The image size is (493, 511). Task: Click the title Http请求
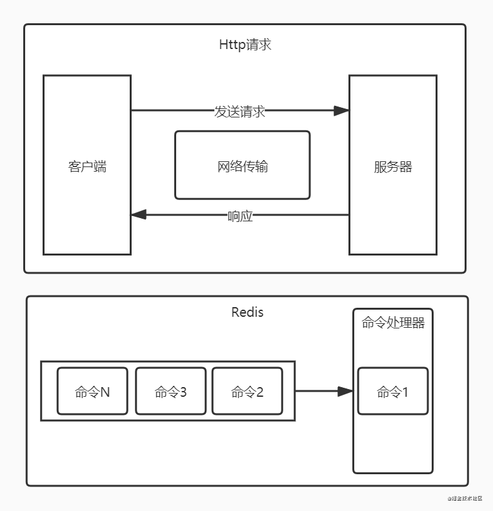(x=245, y=45)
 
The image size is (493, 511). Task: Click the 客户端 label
(x=87, y=166)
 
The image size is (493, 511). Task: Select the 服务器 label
(x=393, y=166)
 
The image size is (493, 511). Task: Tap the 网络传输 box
(x=243, y=166)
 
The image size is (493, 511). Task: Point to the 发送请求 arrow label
(x=239, y=111)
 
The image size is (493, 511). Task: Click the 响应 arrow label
(x=240, y=216)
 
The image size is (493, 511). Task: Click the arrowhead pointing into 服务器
(x=341, y=111)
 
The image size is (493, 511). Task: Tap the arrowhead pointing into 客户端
(x=138, y=215)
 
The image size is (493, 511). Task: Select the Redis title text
(x=247, y=312)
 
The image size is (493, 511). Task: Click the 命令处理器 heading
(x=393, y=323)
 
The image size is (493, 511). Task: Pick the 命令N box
(x=92, y=391)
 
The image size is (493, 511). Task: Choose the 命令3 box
(x=170, y=391)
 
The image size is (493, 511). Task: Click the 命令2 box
(x=247, y=391)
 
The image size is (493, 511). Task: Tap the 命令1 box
(x=393, y=391)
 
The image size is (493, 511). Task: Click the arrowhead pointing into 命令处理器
(x=346, y=391)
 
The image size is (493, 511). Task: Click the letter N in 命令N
(x=105, y=391)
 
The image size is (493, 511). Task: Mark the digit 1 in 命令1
(x=405, y=391)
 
